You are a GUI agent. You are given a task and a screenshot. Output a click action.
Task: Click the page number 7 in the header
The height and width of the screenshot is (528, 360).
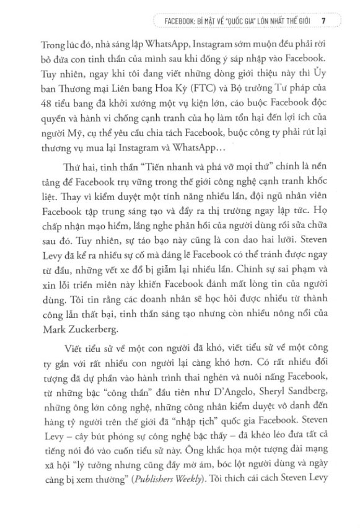pos(324,20)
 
